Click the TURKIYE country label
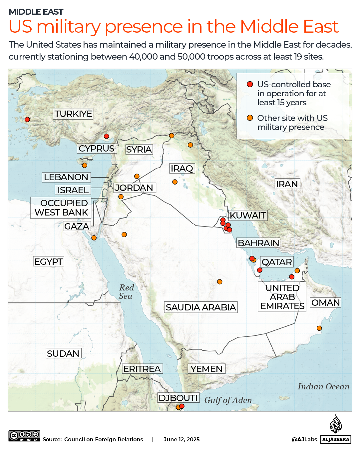point(73,114)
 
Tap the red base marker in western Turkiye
point(27,120)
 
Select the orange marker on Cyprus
point(85,165)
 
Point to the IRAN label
point(287,184)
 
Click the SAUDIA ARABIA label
point(201,307)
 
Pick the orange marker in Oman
point(319,328)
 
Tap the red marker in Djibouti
point(182,406)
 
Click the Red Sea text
point(126,292)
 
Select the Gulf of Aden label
point(228,400)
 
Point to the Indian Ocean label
point(323,386)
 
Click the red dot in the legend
point(250,84)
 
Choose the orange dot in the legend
point(250,118)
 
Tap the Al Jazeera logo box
point(336,439)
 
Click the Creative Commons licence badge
point(24,436)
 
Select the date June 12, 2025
point(181,439)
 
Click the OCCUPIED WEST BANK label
point(61,208)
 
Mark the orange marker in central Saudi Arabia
point(219,282)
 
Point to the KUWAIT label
point(248,216)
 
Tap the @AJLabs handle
point(304,439)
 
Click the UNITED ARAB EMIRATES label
point(282,297)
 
